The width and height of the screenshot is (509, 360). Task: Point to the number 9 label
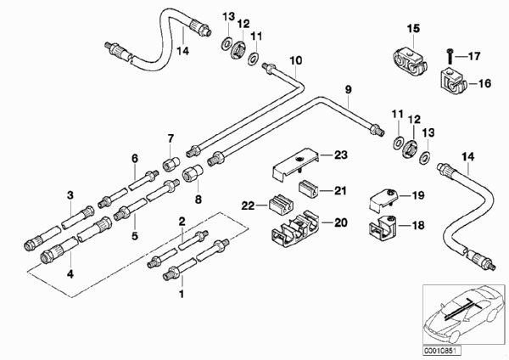(x=347, y=89)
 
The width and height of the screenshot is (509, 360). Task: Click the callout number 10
(x=295, y=60)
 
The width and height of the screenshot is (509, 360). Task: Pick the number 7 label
(x=170, y=138)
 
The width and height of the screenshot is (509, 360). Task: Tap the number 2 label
(x=180, y=222)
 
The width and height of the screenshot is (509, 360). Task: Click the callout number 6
(x=134, y=158)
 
